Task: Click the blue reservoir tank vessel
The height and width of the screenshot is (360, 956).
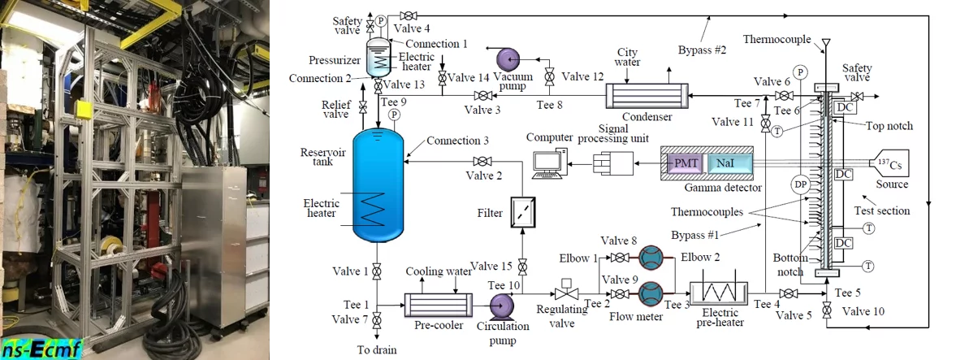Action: tap(379, 183)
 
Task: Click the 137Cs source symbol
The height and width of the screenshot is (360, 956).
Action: tap(888, 165)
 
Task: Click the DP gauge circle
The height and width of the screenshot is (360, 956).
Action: tap(801, 185)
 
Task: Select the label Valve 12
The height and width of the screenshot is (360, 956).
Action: tap(583, 76)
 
